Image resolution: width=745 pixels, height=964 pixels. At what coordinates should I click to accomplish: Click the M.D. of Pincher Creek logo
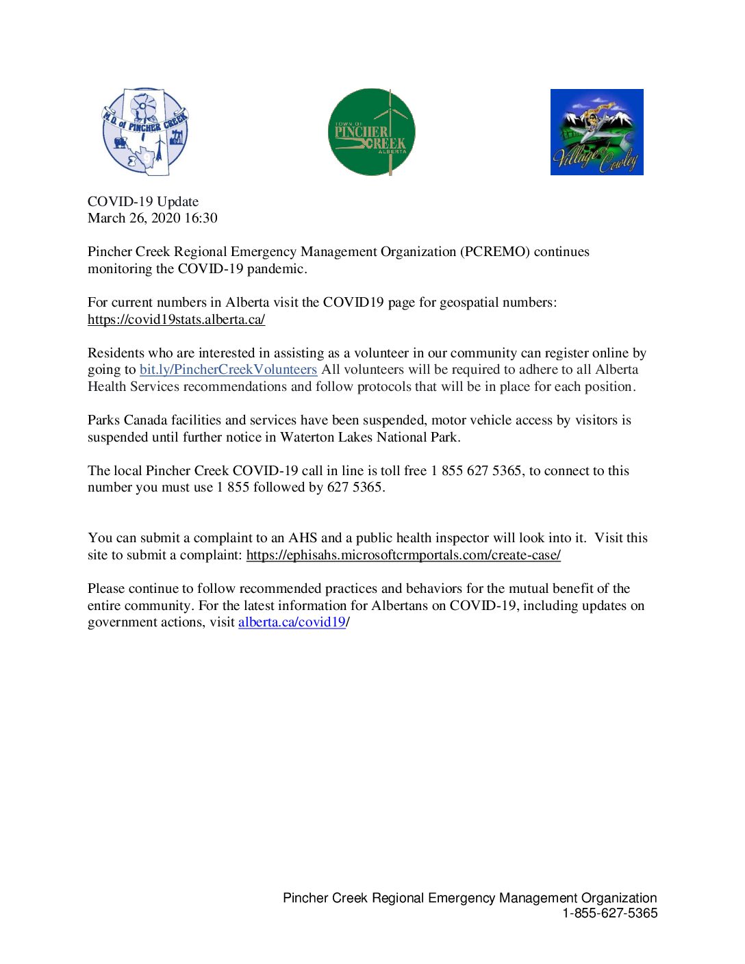point(145,131)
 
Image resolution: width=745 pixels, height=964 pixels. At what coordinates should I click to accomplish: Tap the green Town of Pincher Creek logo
point(371,131)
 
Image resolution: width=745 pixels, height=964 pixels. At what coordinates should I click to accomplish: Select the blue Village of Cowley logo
point(596,132)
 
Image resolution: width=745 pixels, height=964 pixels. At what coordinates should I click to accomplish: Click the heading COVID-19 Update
point(143,201)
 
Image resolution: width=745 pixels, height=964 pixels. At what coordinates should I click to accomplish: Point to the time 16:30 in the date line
point(201,218)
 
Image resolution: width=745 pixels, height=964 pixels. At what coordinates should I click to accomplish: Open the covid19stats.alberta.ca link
point(176,319)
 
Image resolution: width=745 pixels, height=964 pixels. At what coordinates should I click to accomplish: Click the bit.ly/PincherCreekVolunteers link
point(228,370)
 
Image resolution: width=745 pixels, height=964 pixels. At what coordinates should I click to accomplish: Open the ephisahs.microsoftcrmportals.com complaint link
point(403,555)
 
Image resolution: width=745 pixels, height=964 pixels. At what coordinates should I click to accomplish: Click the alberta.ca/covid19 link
point(292,622)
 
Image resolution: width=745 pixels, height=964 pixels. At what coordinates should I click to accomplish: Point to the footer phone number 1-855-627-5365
point(609,913)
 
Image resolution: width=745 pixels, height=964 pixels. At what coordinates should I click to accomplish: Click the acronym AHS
point(303,537)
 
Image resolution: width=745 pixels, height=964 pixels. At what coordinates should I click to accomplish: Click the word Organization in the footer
point(619,898)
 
